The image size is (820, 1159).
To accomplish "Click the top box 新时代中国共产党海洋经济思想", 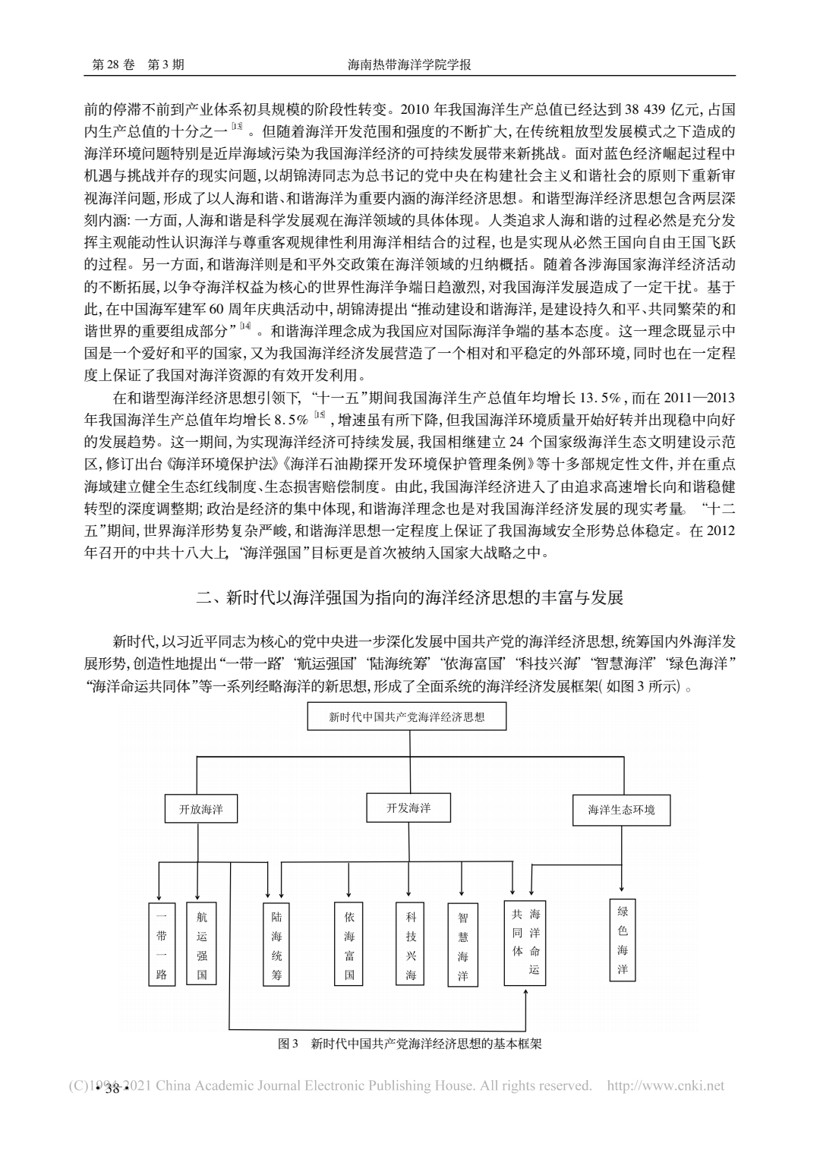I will click(406, 716).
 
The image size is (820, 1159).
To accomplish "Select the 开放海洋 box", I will click(201, 809).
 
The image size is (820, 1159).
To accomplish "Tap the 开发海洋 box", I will click(408, 808).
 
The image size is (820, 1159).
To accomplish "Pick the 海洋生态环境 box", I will click(621, 810).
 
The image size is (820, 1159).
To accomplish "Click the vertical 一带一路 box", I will click(161, 943).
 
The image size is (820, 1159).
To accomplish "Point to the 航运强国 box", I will click(201, 943).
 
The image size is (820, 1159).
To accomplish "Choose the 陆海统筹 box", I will click(276, 943).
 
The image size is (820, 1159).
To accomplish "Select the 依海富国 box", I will click(349, 943).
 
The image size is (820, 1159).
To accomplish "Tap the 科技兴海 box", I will click(411, 943).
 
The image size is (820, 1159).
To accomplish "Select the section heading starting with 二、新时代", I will click(410, 597).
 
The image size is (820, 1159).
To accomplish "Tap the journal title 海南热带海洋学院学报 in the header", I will click(409, 65).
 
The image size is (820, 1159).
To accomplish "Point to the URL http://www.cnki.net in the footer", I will click(667, 1086).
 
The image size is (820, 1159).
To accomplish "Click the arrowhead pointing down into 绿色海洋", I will click(623, 888).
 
